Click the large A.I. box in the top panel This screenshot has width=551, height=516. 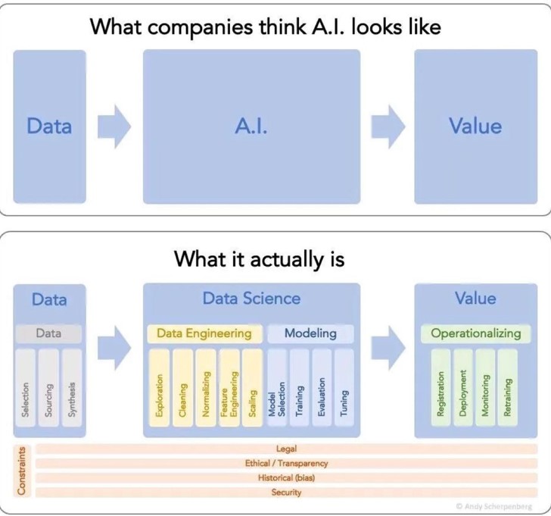coord(251,127)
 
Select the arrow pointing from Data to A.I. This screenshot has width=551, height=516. coord(114,127)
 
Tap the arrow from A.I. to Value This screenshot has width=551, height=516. coord(388,127)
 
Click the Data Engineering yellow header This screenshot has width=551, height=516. coord(204,333)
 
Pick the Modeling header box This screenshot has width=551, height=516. coord(310,333)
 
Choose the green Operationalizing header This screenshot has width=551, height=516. coord(476,333)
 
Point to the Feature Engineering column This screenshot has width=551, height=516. coord(229,388)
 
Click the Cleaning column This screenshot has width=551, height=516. coord(182,388)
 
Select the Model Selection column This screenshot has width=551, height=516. coord(277,388)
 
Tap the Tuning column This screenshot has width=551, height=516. coord(344,388)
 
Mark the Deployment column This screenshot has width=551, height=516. coord(463,388)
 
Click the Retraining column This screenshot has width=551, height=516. coord(507,388)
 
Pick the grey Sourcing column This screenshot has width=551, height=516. coord(48,388)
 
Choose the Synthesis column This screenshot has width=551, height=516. coord(72,388)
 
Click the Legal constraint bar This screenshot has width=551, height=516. coord(286,449)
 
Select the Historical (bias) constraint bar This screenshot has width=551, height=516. coord(286,478)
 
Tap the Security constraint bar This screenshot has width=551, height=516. coord(286,493)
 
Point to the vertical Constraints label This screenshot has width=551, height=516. coord(22,471)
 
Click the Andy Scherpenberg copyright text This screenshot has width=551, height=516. coord(494,506)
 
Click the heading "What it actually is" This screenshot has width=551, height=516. coord(260,259)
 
